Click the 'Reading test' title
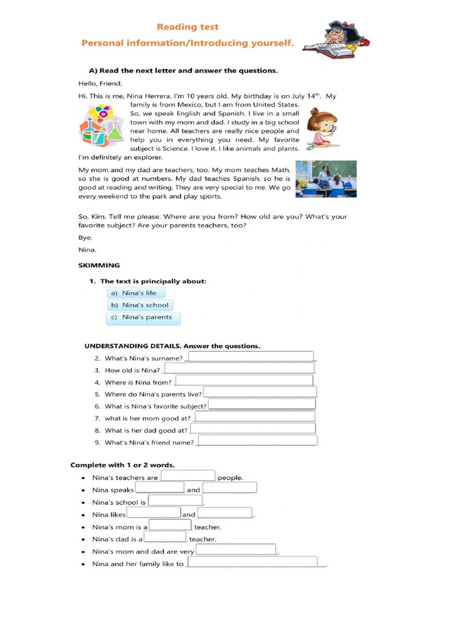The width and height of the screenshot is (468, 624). click(188, 27)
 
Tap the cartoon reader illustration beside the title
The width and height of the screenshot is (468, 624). click(337, 39)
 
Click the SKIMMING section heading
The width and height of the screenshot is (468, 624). click(99, 265)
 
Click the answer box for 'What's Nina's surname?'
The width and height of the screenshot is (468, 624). click(251, 357)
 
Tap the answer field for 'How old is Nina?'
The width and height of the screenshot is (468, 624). click(239, 369)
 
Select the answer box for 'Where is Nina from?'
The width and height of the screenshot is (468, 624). click(244, 381)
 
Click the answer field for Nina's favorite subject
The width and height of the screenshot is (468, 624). click(262, 405)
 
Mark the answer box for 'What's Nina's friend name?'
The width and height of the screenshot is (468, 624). click(257, 441)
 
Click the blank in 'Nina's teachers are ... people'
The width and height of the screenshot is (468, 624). click(188, 477)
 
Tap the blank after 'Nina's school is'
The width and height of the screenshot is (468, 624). click(175, 502)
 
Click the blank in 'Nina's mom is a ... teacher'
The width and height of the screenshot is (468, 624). click(170, 526)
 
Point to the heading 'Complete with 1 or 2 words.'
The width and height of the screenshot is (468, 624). click(122, 465)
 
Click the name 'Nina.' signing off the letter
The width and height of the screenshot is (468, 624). click(88, 250)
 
